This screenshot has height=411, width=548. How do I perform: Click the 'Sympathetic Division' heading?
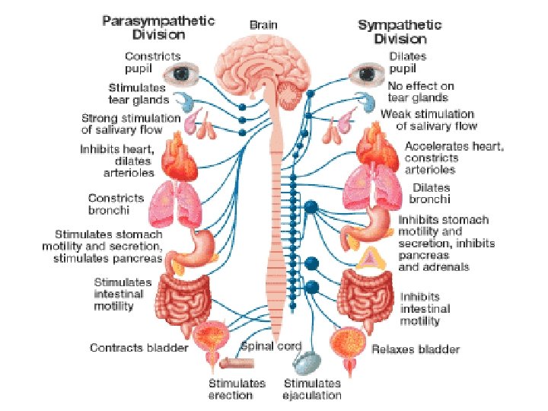pos(401,31)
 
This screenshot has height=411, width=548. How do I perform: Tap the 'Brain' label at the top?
pos(264,24)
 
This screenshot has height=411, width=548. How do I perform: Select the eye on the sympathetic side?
pos(364,75)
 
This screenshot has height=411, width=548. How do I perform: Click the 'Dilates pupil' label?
pos(407,62)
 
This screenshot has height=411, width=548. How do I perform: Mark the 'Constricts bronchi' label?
pos(116,203)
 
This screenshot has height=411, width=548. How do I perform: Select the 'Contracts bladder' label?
pos(139,348)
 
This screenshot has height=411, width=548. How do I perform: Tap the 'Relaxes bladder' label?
pos(416,349)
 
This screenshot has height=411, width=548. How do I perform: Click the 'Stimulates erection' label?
pos(237,389)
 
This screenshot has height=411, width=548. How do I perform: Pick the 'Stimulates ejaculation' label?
pos(312,389)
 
